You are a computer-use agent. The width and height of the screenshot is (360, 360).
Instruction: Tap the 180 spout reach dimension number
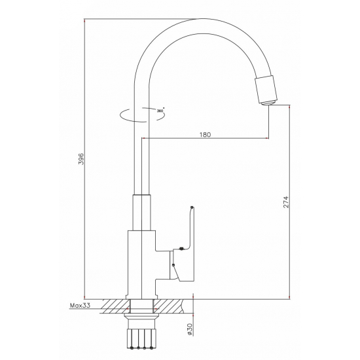pos(205,134)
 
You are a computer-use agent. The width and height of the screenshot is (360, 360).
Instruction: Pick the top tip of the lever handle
pos(190,208)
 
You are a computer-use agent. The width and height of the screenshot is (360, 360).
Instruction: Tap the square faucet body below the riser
pos(141,262)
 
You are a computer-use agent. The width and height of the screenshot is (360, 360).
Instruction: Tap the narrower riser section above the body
pos(143,213)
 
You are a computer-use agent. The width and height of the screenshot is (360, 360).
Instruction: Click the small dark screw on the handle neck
pos(177,249)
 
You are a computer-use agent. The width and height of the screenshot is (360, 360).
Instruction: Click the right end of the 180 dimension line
pos(268,139)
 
